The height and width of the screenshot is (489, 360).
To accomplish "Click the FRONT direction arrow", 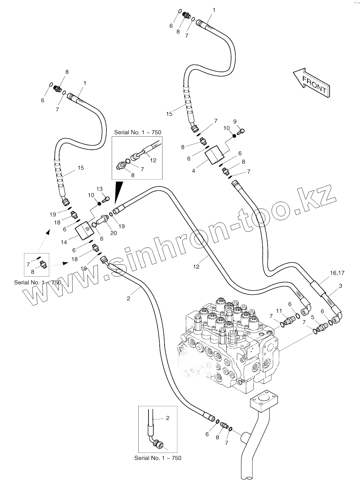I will [311, 82].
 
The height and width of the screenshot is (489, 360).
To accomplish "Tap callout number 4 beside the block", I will [194, 171].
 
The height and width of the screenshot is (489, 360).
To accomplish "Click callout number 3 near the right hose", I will [340, 286].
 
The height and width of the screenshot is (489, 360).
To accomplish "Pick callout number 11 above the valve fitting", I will [279, 311].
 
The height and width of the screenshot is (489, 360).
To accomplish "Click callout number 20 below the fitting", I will [114, 232].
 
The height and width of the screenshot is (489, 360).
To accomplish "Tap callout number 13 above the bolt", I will [99, 189].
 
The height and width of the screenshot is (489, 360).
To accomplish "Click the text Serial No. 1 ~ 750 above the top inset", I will [138, 132].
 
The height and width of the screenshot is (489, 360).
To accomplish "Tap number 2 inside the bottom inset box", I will [167, 418].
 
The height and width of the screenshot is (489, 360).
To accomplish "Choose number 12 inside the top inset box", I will [153, 161].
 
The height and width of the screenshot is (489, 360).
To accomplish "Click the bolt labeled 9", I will [241, 132].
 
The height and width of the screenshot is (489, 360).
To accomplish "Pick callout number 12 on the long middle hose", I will [196, 267].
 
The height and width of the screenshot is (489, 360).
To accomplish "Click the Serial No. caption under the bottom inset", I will [158, 458].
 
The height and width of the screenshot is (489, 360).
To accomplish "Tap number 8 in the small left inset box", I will [33, 271].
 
